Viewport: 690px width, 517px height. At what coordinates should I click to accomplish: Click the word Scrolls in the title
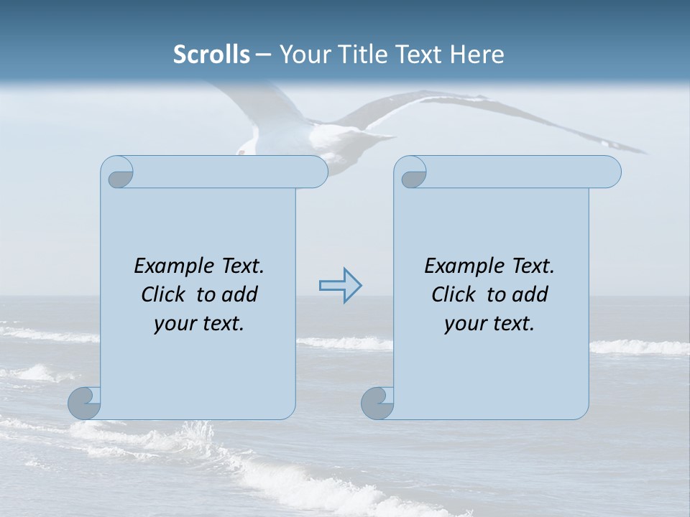211,55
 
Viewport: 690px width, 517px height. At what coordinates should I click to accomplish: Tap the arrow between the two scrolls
340,286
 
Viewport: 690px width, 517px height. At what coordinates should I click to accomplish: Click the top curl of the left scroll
118,172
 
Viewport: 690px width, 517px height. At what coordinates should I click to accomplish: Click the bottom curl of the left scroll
84,403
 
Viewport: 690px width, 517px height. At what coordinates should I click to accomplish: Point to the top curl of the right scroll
412,172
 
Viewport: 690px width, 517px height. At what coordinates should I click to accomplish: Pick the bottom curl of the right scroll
377,403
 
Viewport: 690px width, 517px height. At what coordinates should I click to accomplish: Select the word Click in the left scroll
165,294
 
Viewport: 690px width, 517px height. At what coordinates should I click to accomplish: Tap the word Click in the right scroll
455,294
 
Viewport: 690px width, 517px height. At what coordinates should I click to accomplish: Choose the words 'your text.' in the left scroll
199,324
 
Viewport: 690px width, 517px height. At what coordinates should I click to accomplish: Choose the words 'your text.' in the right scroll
489,324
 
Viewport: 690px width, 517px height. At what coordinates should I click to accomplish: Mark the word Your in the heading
303,55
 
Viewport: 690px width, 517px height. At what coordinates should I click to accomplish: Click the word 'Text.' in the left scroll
242,266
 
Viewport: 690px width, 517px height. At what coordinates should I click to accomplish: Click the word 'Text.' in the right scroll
533,266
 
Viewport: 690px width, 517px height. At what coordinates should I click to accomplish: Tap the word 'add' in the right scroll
530,294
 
